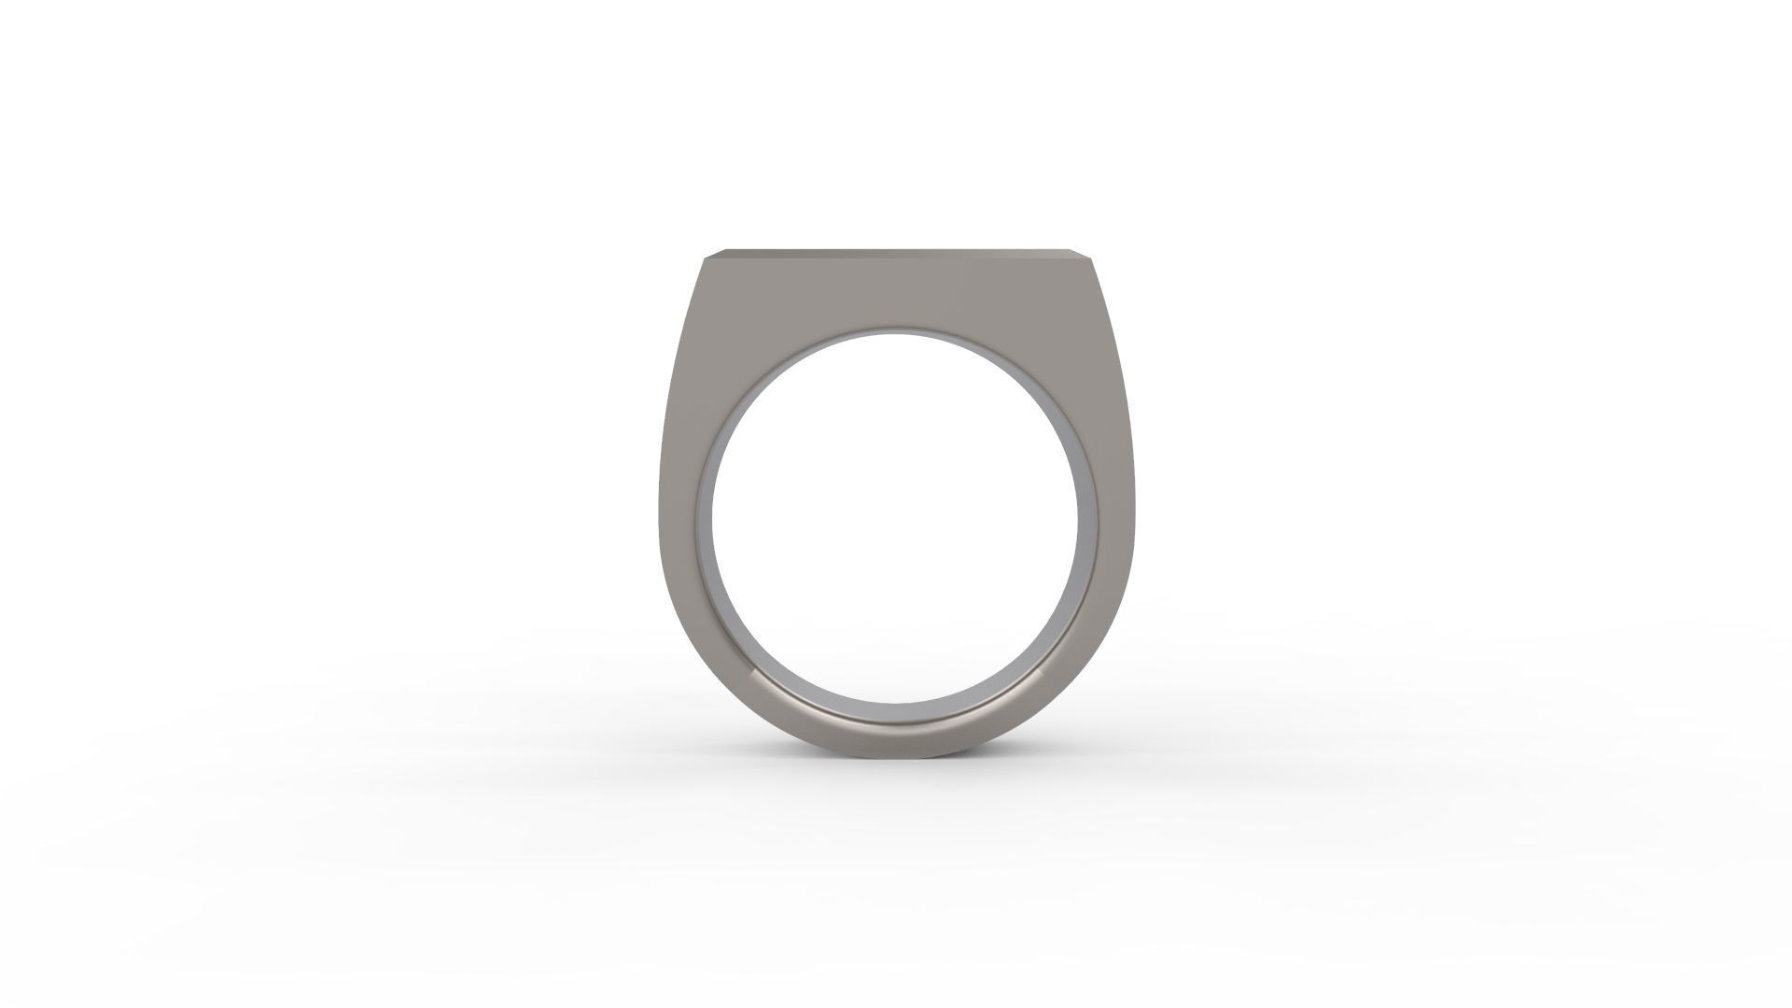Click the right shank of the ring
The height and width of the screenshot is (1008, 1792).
pyautogui.click(x=1114, y=523)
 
